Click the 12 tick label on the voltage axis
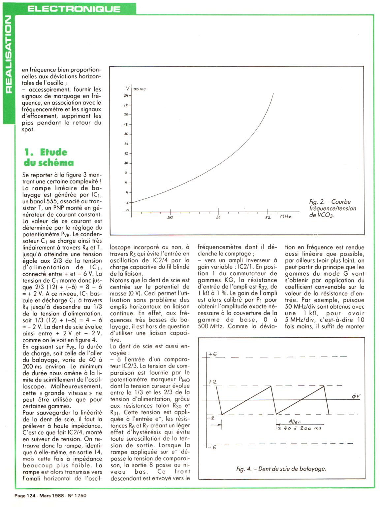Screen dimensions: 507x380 (126, 153)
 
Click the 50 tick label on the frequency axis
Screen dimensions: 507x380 (170, 218)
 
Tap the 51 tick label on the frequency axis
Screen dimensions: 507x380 (218, 218)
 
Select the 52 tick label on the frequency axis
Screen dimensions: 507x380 (268, 218)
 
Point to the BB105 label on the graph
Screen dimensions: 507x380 (140, 89)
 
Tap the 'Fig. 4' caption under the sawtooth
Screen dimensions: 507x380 (281, 469)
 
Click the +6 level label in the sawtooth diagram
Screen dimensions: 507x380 (213, 354)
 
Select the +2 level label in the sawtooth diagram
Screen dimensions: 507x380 (212, 382)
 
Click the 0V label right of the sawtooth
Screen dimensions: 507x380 (355, 397)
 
